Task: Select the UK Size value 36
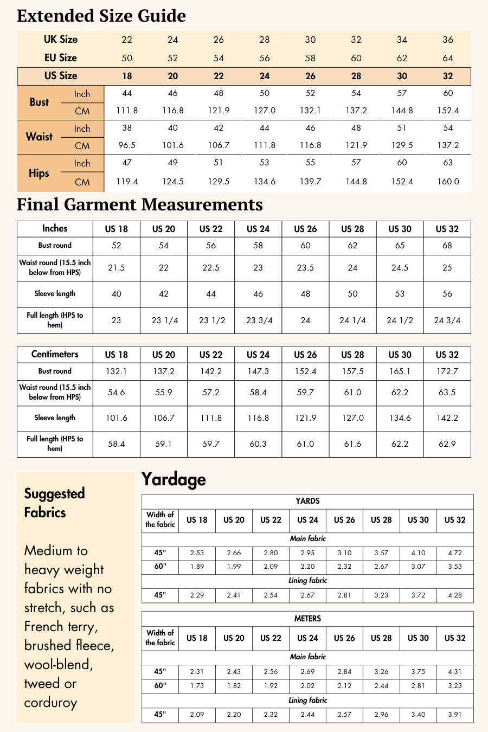(448, 40)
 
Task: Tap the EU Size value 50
(127, 58)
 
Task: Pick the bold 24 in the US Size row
(265, 76)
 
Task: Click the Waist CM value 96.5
(127, 145)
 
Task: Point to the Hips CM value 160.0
(448, 182)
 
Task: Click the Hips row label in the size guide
(39, 174)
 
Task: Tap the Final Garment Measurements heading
(140, 204)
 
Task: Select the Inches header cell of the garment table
(55, 229)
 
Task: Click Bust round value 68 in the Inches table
(447, 246)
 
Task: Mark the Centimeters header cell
(55, 355)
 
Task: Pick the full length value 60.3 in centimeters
(258, 444)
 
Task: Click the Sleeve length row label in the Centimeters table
(55, 418)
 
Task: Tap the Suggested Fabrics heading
(54, 503)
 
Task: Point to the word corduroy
(50, 703)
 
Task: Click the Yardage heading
(174, 479)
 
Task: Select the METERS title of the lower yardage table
(307, 619)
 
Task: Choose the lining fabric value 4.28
(455, 595)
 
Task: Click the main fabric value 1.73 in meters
(197, 686)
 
